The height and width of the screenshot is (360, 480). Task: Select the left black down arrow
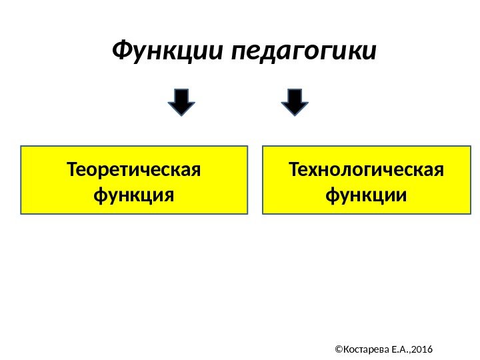(181, 101)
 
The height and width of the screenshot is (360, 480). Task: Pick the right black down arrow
(295, 101)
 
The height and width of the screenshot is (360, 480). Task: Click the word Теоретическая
(134, 169)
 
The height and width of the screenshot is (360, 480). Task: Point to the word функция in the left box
(134, 196)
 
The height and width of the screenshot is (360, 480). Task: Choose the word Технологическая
(366, 169)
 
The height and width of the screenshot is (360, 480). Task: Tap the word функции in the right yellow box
(366, 196)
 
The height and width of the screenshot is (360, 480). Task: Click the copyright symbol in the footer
(338, 349)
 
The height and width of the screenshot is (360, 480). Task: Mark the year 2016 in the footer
(423, 349)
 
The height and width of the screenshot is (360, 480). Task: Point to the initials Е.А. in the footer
(399, 349)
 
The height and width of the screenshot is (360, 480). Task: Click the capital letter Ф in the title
(121, 50)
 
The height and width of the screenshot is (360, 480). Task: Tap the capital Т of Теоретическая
(73, 169)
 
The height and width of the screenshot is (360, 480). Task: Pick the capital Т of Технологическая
(294, 169)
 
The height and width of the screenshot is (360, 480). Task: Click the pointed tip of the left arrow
(181, 115)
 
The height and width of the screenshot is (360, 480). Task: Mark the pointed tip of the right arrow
(295, 115)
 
